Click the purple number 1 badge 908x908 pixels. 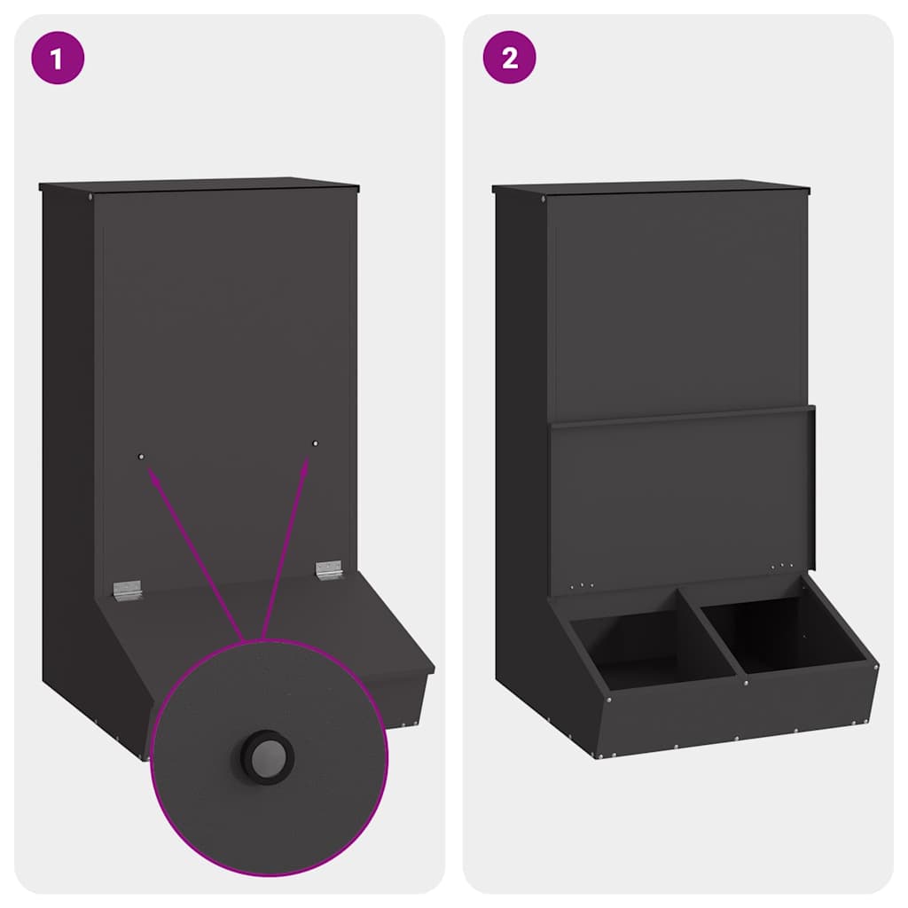pyautogui.click(x=58, y=59)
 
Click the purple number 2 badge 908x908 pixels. pyautogui.click(x=509, y=59)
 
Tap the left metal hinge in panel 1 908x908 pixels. pyautogui.click(x=128, y=590)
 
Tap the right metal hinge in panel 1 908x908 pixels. pyautogui.click(x=329, y=569)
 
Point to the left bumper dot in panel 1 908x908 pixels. pyautogui.click(x=141, y=456)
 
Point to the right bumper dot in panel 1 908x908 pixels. pyautogui.click(x=315, y=442)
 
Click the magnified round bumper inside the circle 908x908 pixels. pyautogui.click(x=267, y=755)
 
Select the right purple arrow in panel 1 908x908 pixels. pyautogui.click(x=286, y=541)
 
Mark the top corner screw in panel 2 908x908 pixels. pyautogui.click(x=544, y=199)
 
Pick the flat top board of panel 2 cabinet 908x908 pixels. pyautogui.click(x=652, y=188)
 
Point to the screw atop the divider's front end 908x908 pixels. pyautogui.click(x=746, y=683)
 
